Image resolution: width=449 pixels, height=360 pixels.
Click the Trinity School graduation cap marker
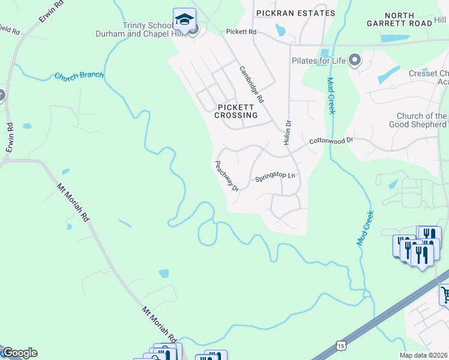point(184,20)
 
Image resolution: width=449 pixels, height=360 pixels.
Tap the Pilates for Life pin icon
point(355,60)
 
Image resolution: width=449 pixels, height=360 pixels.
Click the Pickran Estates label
point(295,13)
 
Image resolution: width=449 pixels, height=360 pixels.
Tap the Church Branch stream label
point(79,76)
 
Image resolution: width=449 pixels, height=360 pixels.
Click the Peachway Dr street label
point(227,176)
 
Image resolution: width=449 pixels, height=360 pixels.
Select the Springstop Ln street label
point(276,177)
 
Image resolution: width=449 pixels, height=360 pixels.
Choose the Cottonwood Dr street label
point(332,140)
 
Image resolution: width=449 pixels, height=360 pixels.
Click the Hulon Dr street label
point(287,131)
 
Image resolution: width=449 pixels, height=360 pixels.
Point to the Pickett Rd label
point(241,31)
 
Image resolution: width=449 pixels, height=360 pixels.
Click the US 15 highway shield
point(341,346)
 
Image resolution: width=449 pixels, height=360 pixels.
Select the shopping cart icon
point(445,295)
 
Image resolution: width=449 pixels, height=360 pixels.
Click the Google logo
point(19,353)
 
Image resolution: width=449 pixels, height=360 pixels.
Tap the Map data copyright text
point(424,355)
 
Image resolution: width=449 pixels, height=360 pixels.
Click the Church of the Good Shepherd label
point(422,121)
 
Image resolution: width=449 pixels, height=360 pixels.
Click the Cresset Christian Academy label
point(429,77)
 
